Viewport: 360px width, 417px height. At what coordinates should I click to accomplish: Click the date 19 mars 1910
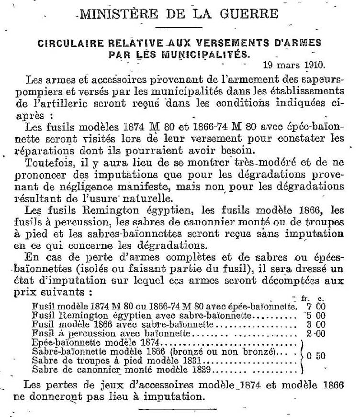pos(294,64)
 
